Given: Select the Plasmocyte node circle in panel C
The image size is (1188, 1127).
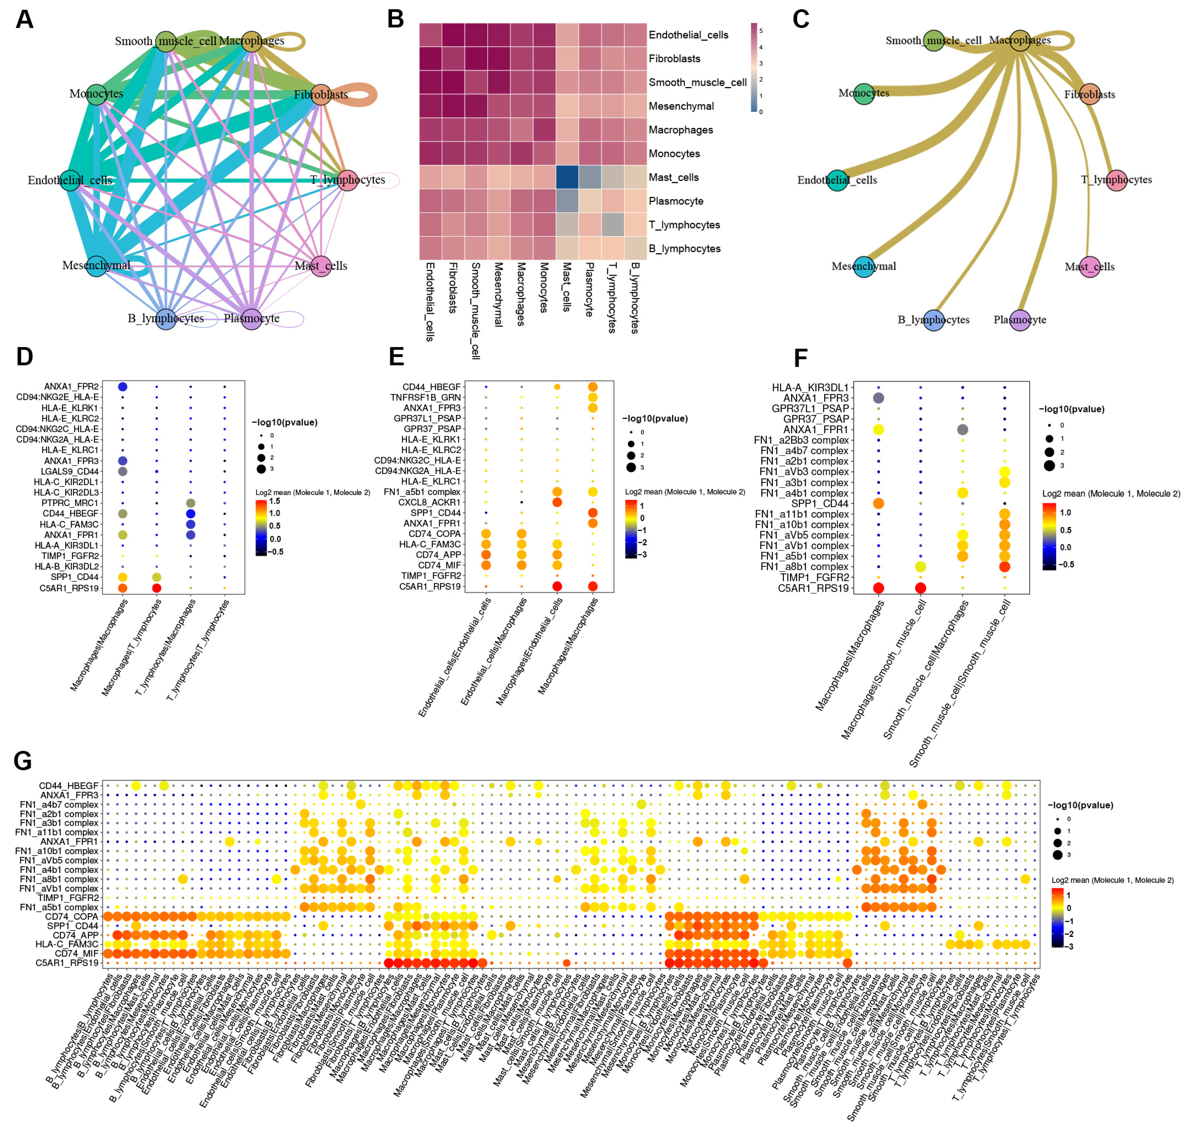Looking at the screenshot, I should pyautogui.click(x=1020, y=319).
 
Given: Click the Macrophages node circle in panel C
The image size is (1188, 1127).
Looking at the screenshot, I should pyautogui.click(x=1020, y=41).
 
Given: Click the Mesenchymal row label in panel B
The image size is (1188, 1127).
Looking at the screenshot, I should pyautogui.click(x=681, y=106).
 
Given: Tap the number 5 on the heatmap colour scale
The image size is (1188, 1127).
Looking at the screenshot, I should pyautogui.click(x=761, y=31).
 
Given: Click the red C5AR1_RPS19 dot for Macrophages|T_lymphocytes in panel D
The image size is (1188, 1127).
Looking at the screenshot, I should pyautogui.click(x=157, y=587).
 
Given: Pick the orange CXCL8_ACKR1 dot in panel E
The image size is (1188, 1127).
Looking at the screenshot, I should pyautogui.click(x=557, y=502).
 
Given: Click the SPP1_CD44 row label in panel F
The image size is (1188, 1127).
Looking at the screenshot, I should pyautogui.click(x=819, y=503).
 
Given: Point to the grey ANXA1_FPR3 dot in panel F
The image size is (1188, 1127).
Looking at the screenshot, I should pyautogui.click(x=878, y=398).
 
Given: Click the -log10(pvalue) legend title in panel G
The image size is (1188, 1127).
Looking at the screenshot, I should pyautogui.click(x=1080, y=805).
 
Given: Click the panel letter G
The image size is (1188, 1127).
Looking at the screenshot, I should pyautogui.click(x=23, y=761).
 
